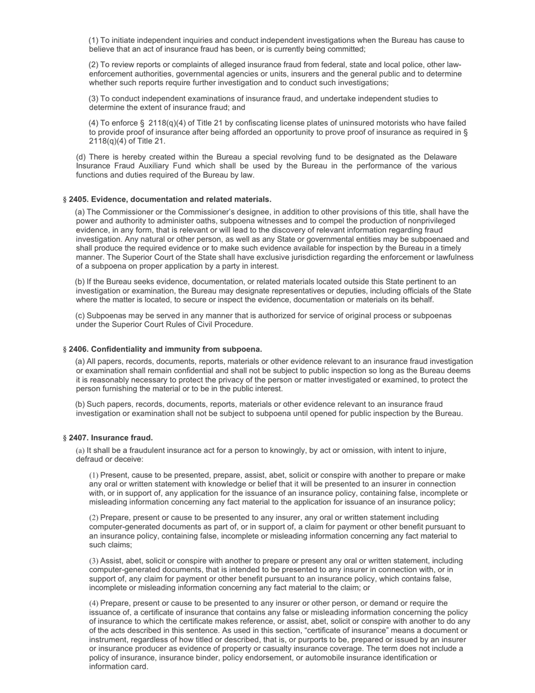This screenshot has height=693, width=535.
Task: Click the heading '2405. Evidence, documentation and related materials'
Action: pos(170,199)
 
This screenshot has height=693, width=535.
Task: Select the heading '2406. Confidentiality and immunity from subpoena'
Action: pos(165,349)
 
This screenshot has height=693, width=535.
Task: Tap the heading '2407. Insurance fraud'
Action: pos(110,438)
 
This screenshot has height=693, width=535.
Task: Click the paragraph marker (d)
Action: pos(81,157)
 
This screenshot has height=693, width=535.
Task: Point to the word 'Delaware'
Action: pos(439,157)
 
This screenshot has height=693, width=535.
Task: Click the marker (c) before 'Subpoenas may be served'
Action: pos(81,316)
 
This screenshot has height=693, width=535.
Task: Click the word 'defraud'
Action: pos(90,459)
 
